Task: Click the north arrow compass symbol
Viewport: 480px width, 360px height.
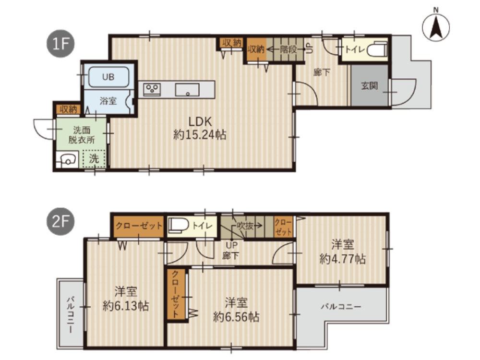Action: point(436,26)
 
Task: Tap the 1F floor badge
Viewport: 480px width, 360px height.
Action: point(60,44)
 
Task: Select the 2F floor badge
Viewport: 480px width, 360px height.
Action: point(60,221)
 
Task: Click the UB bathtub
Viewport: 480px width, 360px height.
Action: point(108,77)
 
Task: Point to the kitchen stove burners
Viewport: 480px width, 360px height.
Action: point(152,90)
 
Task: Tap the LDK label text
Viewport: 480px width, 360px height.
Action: point(200,121)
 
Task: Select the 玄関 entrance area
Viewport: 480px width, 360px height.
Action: point(370,85)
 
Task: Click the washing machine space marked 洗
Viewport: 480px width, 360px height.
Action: point(94,158)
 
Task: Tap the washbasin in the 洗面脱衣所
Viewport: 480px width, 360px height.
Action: point(68,159)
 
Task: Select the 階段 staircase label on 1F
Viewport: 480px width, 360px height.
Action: point(288,49)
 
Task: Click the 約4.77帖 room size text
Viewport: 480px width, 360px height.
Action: point(342,259)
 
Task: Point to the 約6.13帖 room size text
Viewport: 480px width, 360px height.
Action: point(125,305)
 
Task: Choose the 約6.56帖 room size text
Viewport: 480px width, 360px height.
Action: point(236,317)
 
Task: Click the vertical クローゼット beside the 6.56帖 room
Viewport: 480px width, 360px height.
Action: point(176,294)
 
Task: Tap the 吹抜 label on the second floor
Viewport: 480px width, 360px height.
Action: point(245,226)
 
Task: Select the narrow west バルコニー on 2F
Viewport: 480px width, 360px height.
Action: point(70,313)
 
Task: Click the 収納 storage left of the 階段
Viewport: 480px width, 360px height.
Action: point(256,49)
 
